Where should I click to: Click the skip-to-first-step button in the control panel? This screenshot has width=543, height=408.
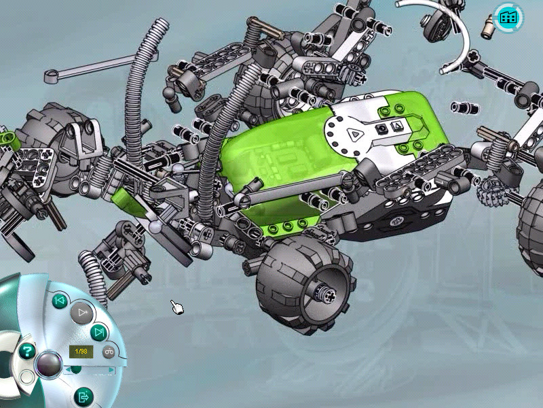point(60,301)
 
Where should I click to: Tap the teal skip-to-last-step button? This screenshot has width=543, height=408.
point(98,333)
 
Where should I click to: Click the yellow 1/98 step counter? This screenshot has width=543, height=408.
point(81,352)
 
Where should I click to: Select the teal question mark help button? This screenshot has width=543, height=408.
point(27,351)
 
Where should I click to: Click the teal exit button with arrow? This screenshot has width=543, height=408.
point(83,396)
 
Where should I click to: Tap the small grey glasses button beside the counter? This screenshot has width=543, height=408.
point(109,352)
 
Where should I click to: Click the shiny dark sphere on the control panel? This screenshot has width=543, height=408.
point(49,364)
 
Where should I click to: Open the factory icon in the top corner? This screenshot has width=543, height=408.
point(508,17)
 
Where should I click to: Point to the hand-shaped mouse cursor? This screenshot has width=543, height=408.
point(177,307)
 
